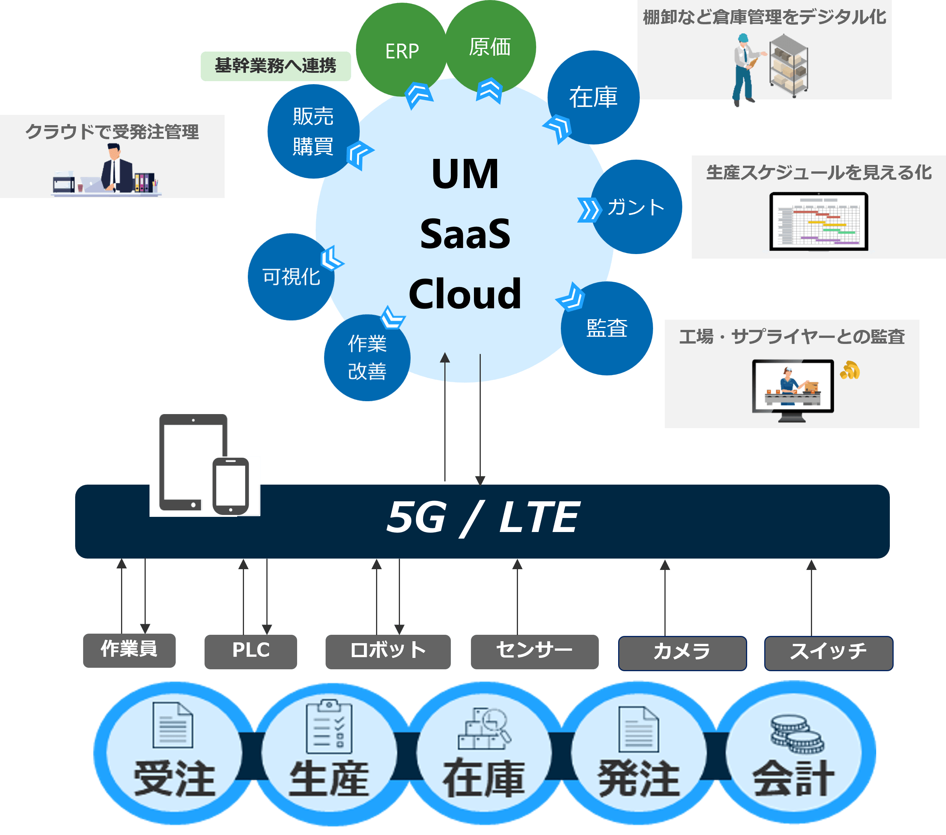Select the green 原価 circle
pyautogui.click(x=490, y=46)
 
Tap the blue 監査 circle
pyautogui.click(x=607, y=328)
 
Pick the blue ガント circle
pyautogui.click(x=636, y=207)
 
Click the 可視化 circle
pyautogui.click(x=291, y=277)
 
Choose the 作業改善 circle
pyautogui.click(x=367, y=358)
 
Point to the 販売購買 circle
pyautogui.click(x=313, y=131)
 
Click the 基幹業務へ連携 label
pyautogui.click(x=275, y=66)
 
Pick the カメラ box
pyautogui.click(x=682, y=652)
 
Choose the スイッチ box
pyautogui.click(x=828, y=652)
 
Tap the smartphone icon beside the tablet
pyautogui.click(x=230, y=486)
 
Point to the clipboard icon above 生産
pyautogui.click(x=329, y=726)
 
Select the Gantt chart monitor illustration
pyautogui.click(x=818, y=221)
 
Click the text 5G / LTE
pyautogui.click(x=482, y=518)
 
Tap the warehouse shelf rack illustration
pyautogui.click(x=789, y=67)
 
